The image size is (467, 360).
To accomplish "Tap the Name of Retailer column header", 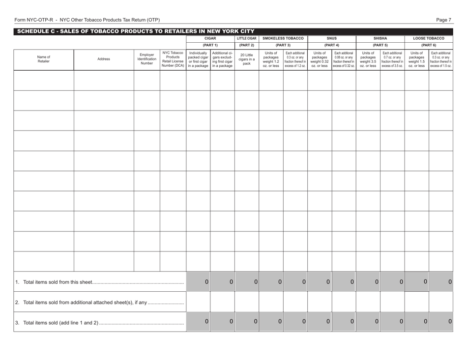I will click(43, 59).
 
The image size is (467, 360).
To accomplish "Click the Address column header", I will click(104, 59).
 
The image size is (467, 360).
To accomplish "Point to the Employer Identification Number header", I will click(147, 59).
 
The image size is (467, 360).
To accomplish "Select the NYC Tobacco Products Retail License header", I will click(173, 59).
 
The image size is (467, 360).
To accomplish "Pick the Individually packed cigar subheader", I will click(198, 59).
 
